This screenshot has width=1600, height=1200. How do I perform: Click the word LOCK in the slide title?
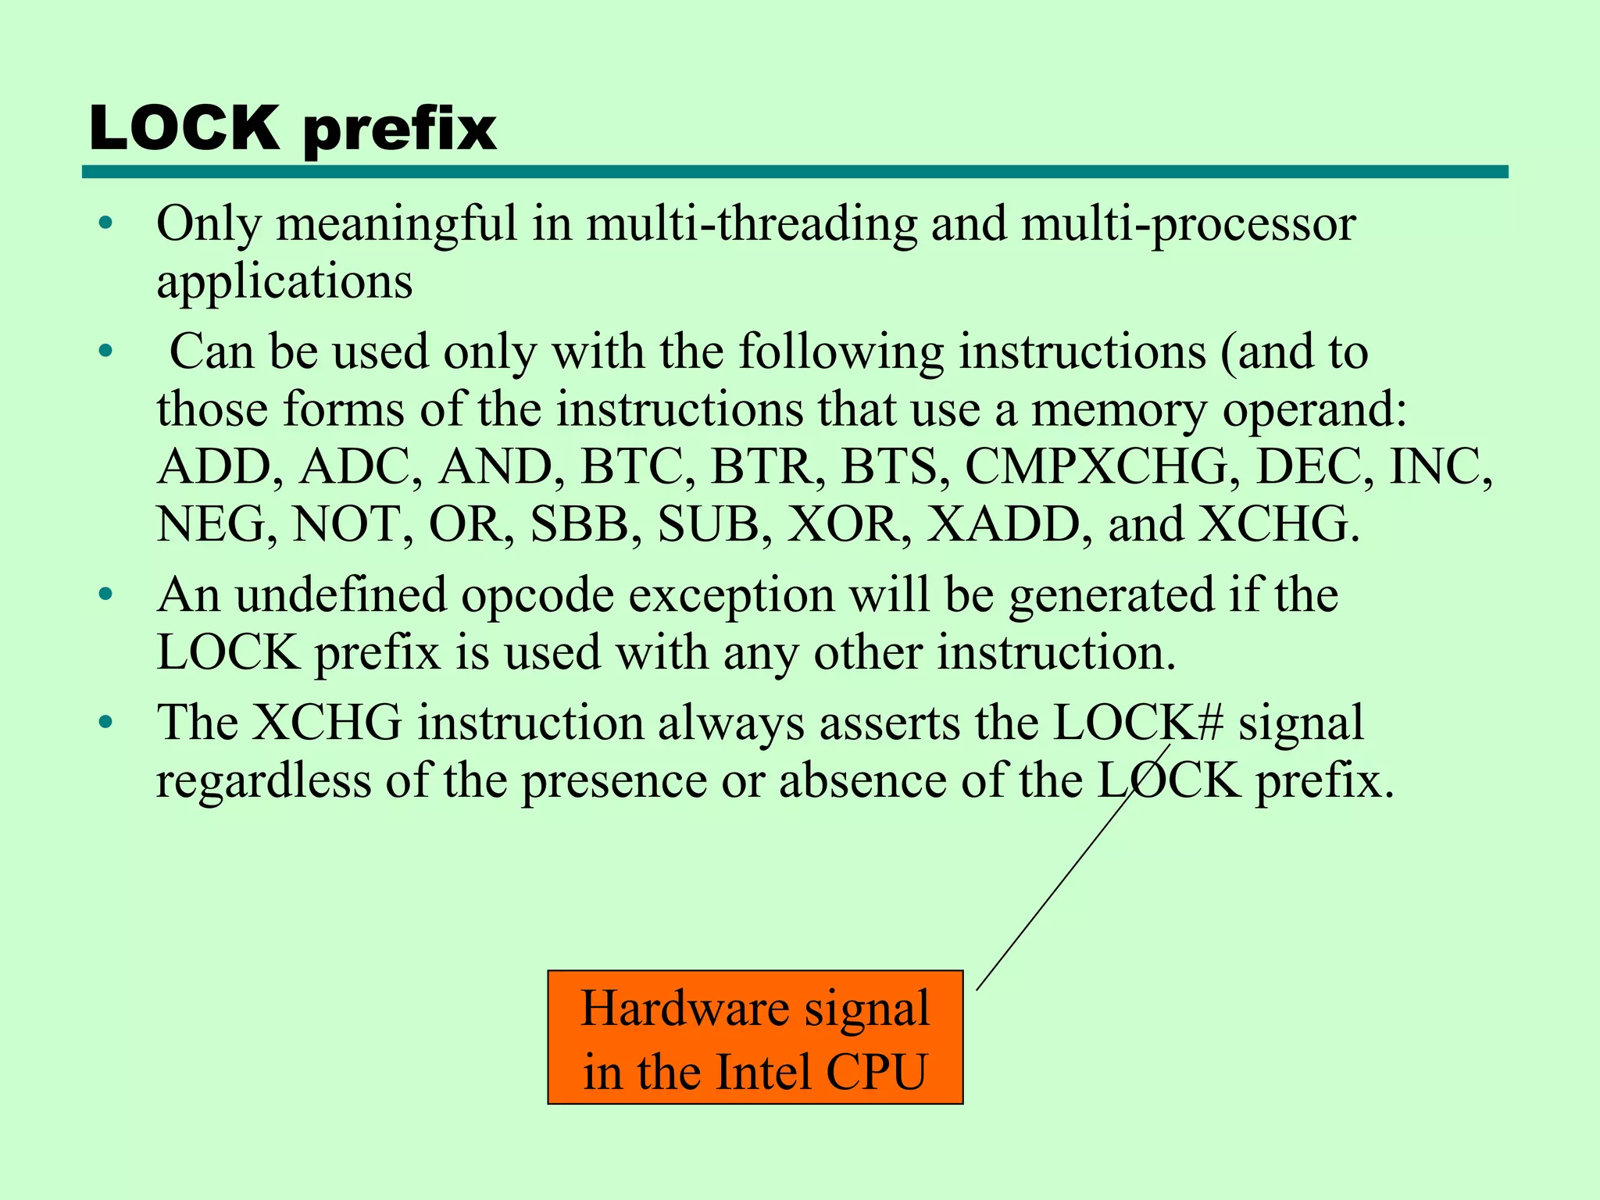click(184, 127)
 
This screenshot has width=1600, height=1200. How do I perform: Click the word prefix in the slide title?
click(399, 130)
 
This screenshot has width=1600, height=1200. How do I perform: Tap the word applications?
click(284, 282)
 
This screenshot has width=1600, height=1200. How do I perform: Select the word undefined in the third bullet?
click(341, 595)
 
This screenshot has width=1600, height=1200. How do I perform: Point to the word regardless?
click(263, 780)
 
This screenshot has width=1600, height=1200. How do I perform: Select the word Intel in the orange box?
click(763, 1071)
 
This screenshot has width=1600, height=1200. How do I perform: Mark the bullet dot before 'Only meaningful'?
click(106, 225)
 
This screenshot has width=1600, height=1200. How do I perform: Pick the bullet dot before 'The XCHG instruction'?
click(106, 723)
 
